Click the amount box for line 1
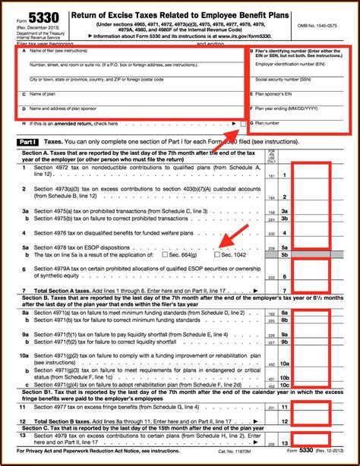pos(312,175)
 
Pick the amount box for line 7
pos(312,290)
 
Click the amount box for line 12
pos(312,421)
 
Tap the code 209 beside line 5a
pos(270,247)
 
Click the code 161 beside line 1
pos(270,175)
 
